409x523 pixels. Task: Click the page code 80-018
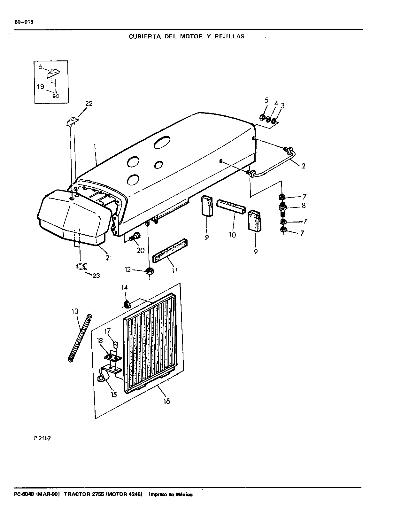24,22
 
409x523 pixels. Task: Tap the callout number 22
89,104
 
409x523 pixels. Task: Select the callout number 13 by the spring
75,311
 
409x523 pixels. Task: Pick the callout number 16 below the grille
166,401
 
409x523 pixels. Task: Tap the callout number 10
232,235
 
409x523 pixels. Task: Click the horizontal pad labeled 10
231,206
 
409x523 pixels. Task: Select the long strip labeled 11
170,251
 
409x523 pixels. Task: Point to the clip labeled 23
81,267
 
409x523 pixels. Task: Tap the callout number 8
304,206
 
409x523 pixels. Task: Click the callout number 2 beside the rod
304,166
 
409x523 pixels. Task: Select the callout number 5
266,100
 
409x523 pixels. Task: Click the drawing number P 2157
42,438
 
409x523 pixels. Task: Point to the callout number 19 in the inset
41,87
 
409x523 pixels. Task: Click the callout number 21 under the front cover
109,258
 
